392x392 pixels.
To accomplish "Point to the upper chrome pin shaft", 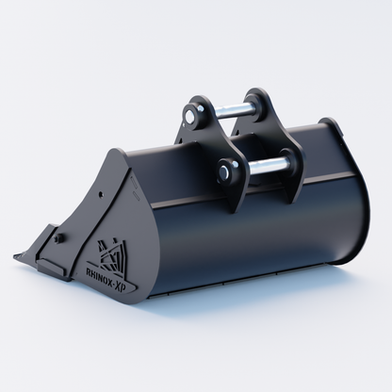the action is [x=230, y=110].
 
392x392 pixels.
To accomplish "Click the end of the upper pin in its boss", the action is [x=189, y=116].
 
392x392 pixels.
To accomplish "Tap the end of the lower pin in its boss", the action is [x=223, y=171].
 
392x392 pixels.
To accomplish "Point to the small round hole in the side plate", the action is [x=101, y=194].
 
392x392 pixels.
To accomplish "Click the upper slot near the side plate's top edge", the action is [x=133, y=181].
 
